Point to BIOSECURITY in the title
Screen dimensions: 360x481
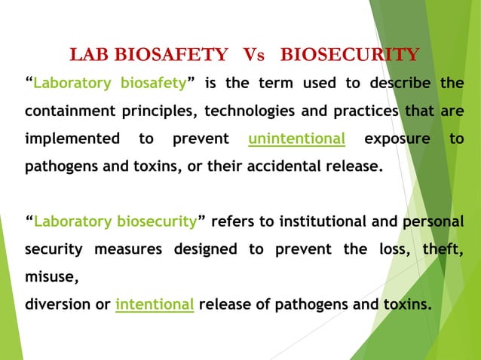click(x=349, y=55)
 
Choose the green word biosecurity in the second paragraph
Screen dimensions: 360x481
click(x=157, y=222)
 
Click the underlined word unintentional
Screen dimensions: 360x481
click(x=297, y=139)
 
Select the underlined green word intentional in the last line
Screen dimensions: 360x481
click(x=155, y=305)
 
